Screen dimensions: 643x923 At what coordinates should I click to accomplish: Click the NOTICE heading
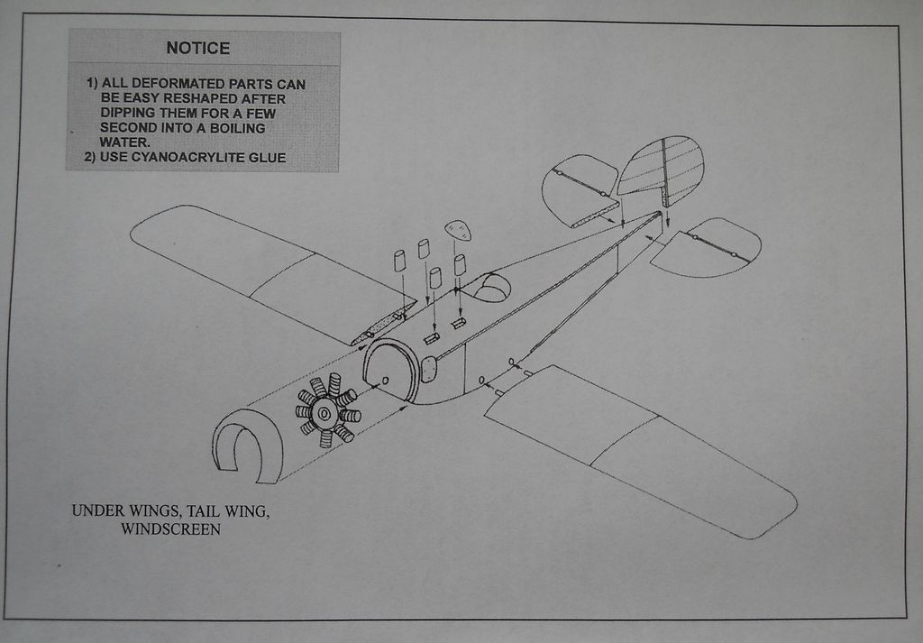(x=197, y=49)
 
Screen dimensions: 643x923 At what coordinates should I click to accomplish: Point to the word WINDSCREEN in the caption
(x=170, y=529)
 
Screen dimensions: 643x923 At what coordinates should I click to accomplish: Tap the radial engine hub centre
(x=324, y=412)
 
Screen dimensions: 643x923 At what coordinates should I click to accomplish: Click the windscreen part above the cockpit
(x=458, y=230)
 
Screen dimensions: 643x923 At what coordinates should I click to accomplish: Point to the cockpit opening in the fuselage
(x=490, y=289)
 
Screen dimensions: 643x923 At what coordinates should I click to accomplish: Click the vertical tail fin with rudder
(x=663, y=167)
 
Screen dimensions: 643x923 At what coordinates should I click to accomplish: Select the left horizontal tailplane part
(x=580, y=190)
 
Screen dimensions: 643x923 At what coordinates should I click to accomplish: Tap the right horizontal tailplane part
(x=707, y=247)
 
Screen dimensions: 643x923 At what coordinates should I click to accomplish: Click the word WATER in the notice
(x=124, y=142)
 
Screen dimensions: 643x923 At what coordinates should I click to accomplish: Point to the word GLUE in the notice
(x=268, y=158)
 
